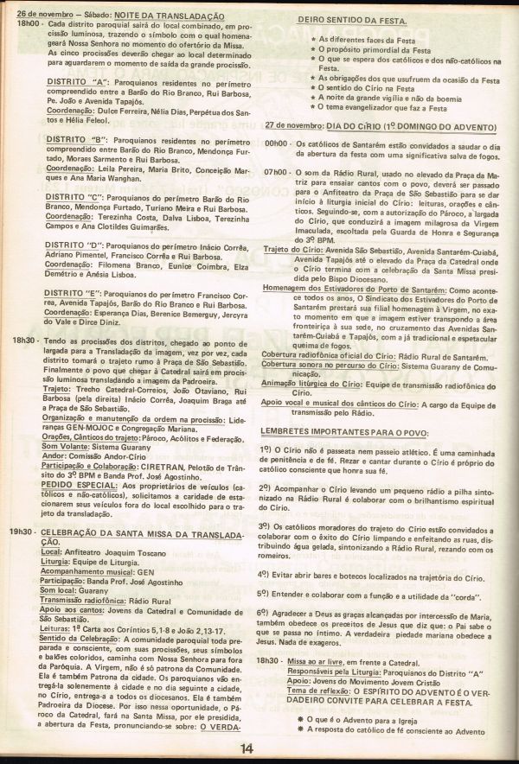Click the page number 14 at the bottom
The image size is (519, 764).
(247, 748)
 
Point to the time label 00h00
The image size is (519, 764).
(276, 142)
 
